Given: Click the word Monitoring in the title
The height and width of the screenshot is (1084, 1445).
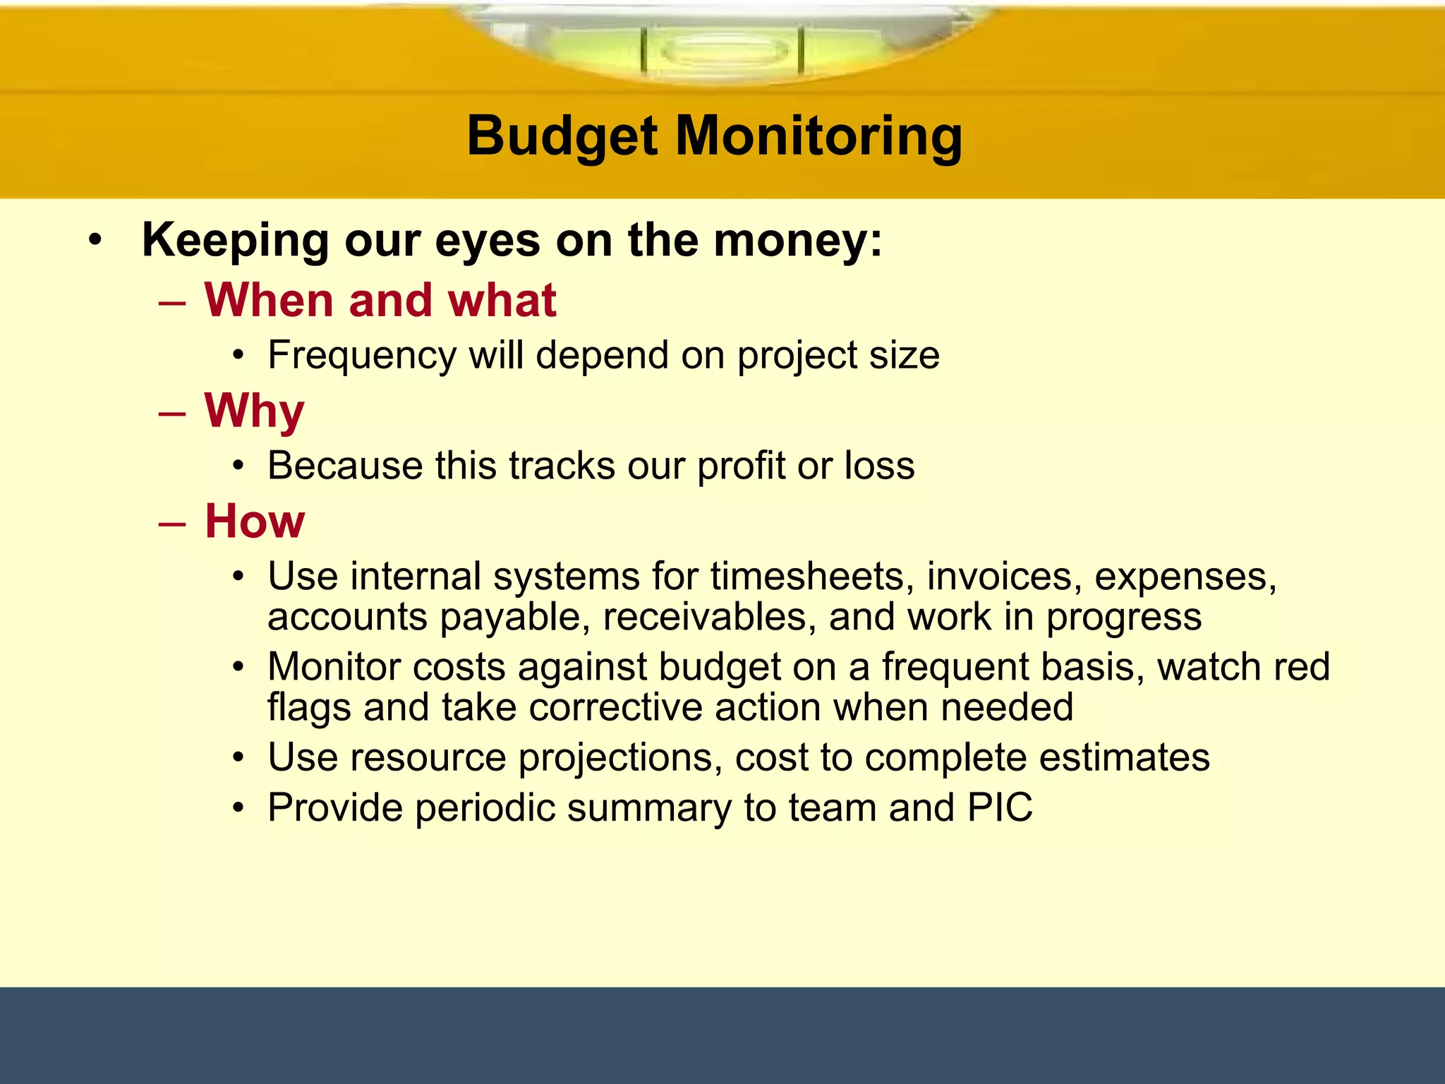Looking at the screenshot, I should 818,136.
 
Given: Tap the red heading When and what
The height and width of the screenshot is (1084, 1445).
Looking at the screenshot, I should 380,301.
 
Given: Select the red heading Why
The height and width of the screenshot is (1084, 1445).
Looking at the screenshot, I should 254,411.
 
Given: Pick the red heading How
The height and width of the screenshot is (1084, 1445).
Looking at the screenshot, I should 255,522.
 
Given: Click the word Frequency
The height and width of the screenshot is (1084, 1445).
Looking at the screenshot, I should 362,355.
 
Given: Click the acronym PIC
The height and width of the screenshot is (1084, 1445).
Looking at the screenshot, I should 1000,807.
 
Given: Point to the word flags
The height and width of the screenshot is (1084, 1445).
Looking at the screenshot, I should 309,707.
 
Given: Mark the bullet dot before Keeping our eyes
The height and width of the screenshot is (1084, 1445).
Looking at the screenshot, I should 95,241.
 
